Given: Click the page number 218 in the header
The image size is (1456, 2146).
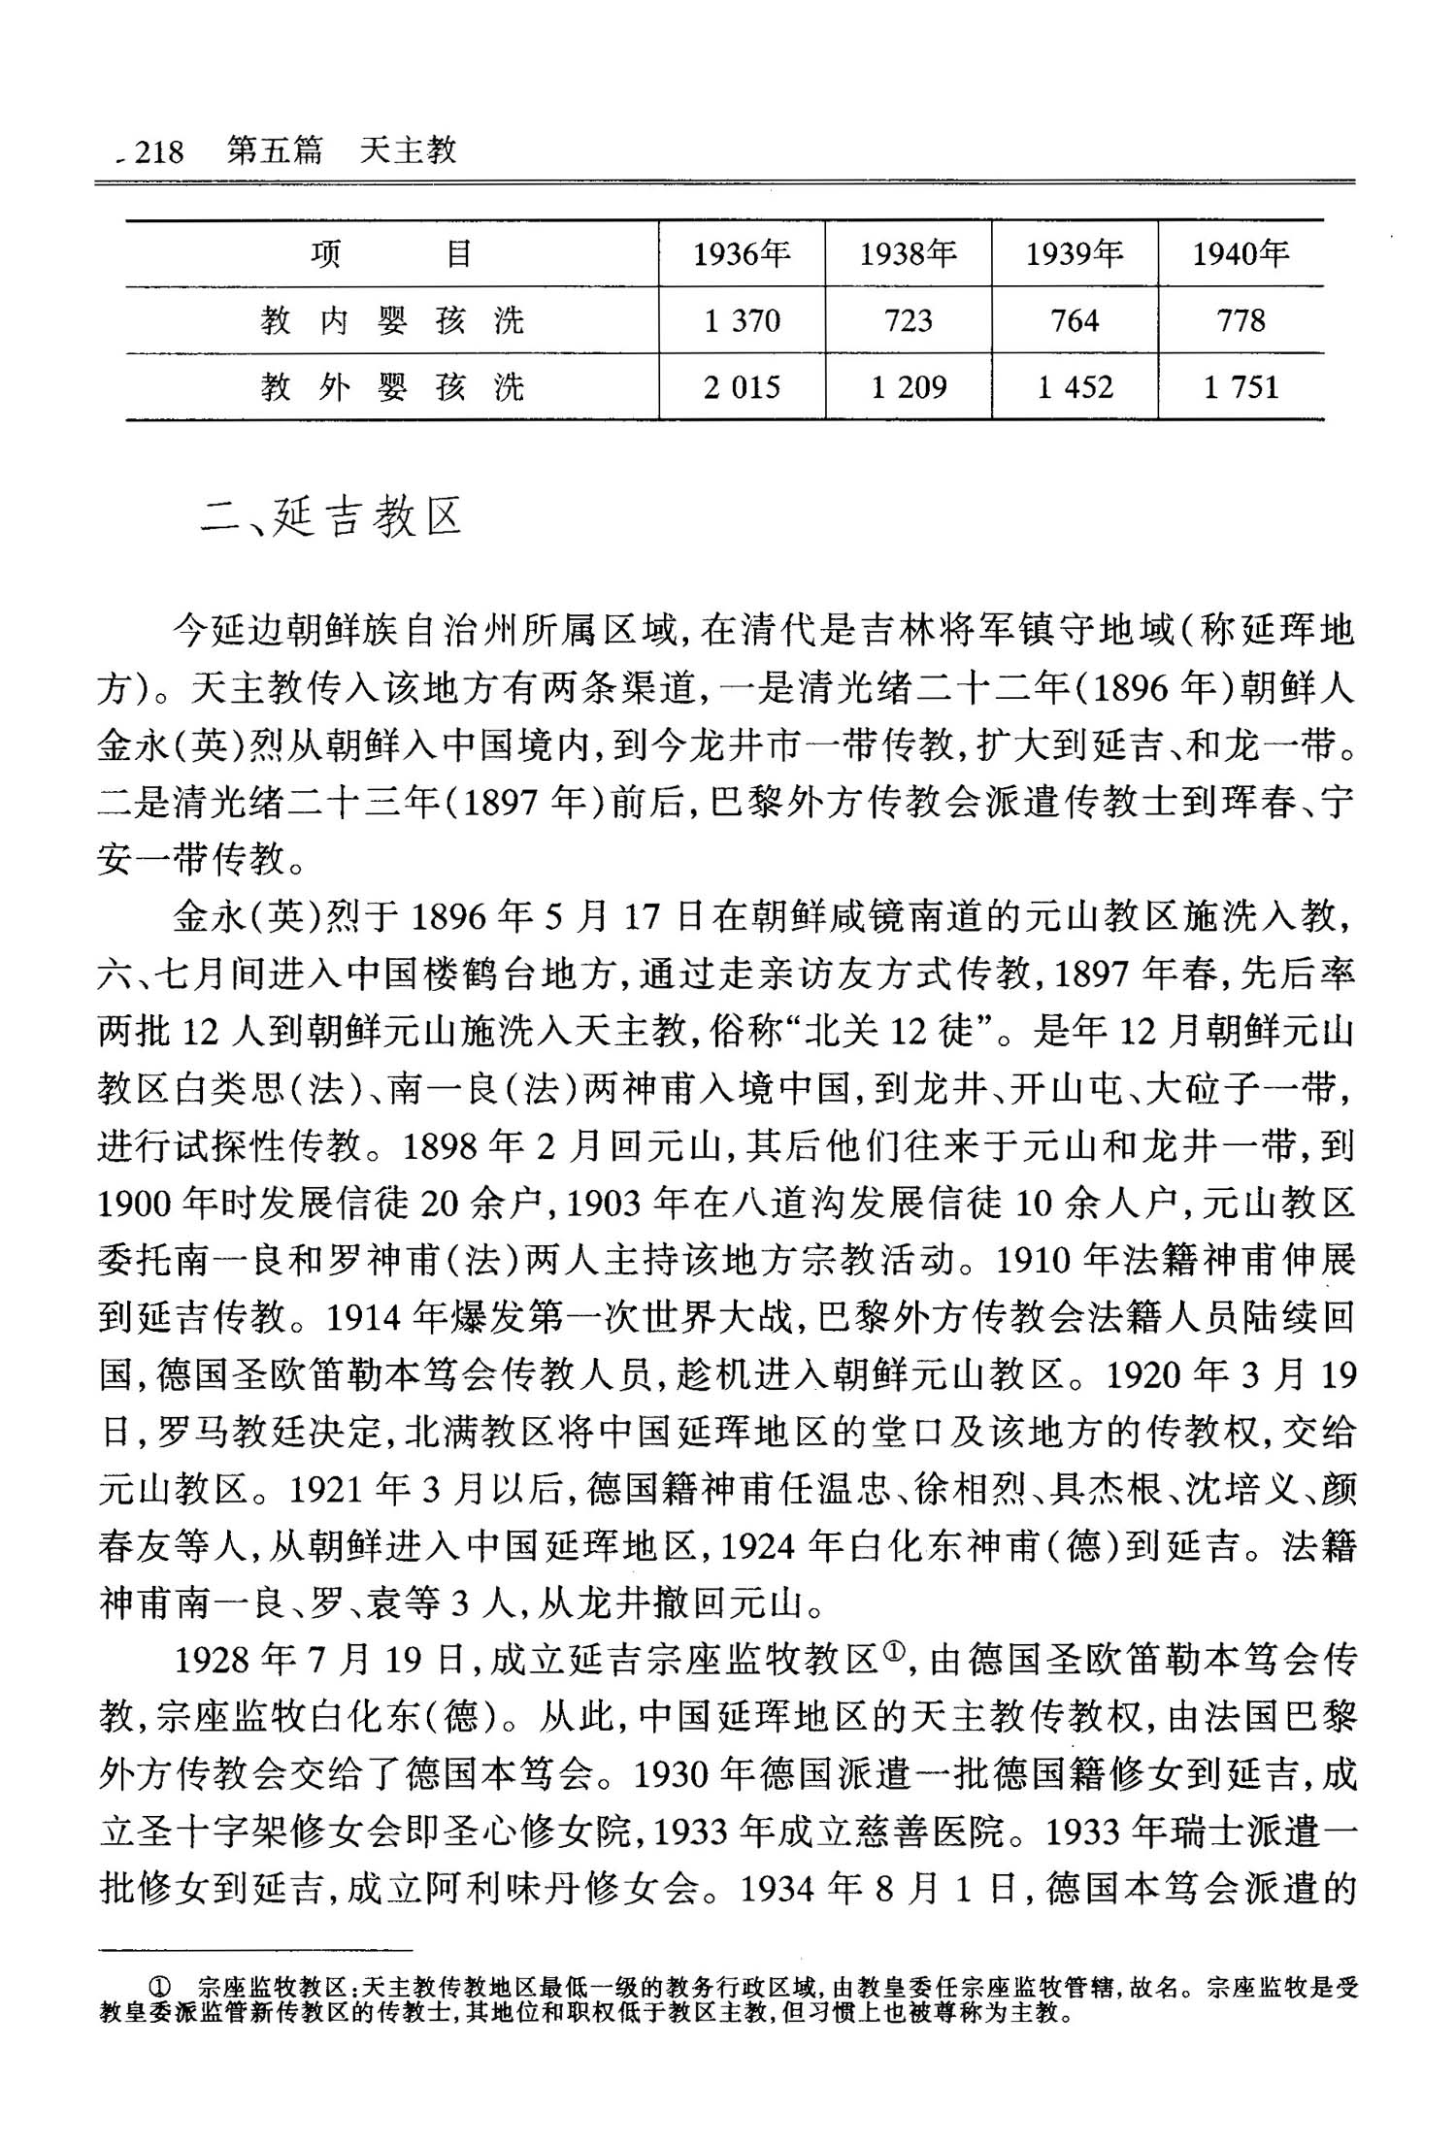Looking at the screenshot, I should [158, 151].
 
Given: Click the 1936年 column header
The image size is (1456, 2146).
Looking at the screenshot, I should [742, 254].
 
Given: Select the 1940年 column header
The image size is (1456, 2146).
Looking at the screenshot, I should [1241, 254].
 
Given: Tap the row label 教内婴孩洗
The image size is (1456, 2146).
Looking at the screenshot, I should [392, 320].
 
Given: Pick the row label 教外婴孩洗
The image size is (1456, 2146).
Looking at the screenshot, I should [392, 387].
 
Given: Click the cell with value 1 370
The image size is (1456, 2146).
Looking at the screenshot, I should [742, 320].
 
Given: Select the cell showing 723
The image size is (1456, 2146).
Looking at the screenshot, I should [908, 320].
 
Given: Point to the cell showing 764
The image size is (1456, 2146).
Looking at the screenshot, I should [1075, 320].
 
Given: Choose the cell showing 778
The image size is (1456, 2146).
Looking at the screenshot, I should [1241, 320].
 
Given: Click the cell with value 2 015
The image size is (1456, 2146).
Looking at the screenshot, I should [742, 387].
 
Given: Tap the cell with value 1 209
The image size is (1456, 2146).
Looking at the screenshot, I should [908, 387].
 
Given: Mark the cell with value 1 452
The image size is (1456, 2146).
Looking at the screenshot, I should [1075, 387].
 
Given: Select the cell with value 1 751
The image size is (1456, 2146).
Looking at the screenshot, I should [1241, 387].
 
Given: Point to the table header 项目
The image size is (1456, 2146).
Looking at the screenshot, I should [392, 254].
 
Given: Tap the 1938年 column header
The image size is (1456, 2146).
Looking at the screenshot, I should [908, 254].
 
